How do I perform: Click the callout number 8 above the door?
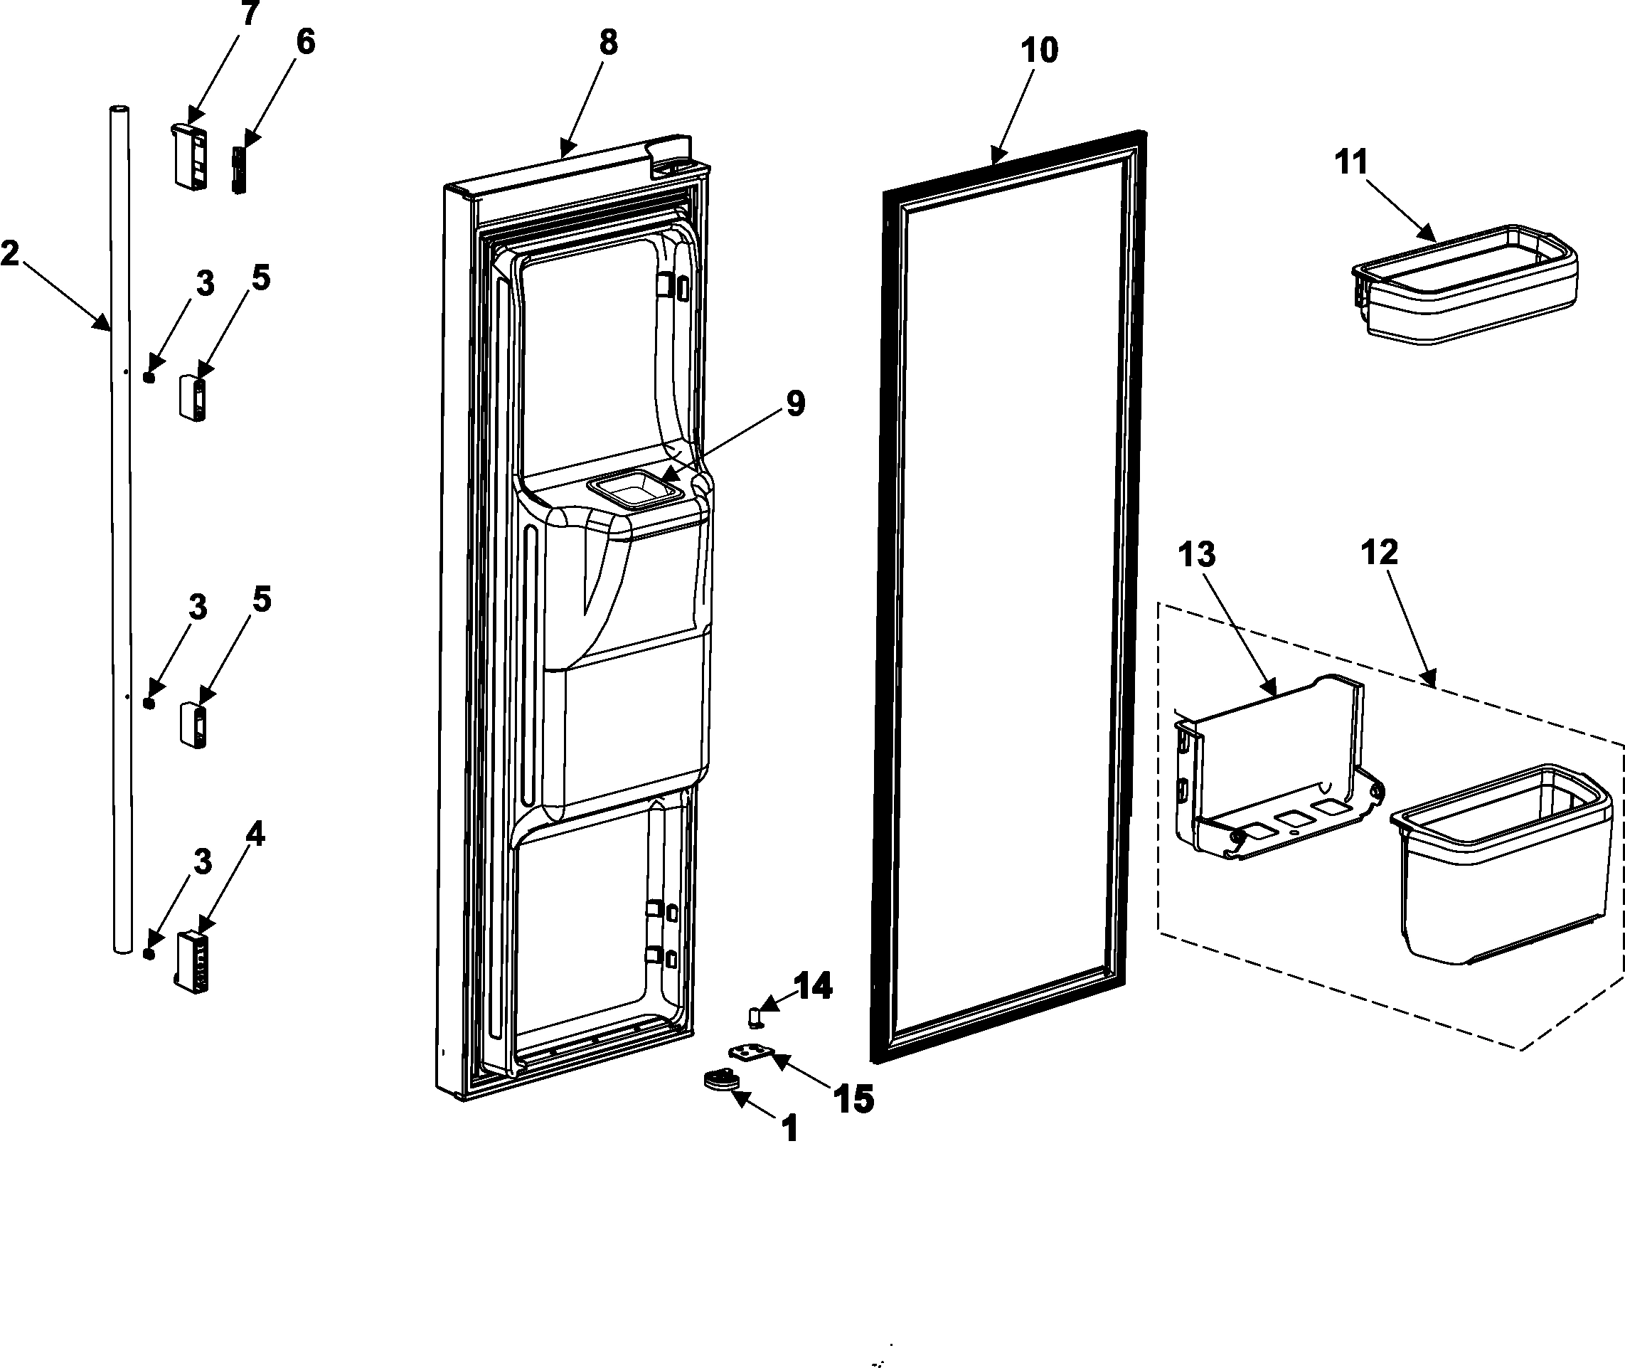point(609,43)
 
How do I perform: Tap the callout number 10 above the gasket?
point(1039,51)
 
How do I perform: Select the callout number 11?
point(1351,162)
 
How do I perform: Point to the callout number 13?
point(1196,556)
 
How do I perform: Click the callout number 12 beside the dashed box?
point(1379,552)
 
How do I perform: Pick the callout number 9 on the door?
point(796,403)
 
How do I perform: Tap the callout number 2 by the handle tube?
point(10,253)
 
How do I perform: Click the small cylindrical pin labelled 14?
point(755,1016)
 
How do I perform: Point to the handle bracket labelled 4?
point(191,962)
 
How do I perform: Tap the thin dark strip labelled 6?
point(238,171)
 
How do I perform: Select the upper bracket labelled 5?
point(193,397)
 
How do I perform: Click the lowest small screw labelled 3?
point(149,953)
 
